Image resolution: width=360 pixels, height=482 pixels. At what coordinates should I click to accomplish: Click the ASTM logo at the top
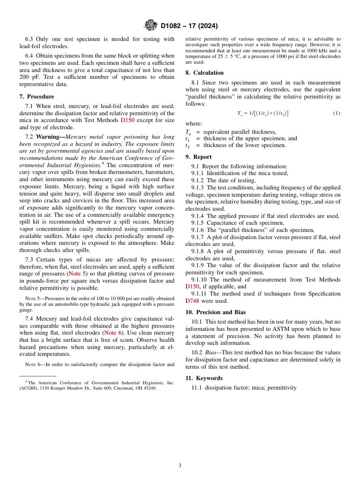(x=150, y=26)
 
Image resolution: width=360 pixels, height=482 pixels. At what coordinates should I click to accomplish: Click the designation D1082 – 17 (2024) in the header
(x=189, y=26)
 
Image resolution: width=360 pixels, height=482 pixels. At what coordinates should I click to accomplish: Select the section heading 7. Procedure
(x=37, y=97)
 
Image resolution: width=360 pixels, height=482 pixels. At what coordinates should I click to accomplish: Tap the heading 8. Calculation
(x=205, y=73)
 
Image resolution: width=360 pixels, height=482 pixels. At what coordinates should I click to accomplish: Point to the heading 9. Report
(x=199, y=157)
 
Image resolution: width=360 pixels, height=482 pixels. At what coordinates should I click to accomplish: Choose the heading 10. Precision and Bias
(x=216, y=312)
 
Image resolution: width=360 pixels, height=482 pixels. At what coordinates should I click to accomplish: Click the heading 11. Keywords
(x=204, y=378)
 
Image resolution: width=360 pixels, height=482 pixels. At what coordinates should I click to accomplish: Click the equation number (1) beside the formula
(x=337, y=113)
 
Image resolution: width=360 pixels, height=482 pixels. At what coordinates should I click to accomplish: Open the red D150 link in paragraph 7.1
(x=127, y=121)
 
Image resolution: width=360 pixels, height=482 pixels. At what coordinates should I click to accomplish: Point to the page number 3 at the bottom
(x=180, y=465)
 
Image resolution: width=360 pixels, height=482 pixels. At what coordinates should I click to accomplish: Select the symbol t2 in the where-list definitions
(x=187, y=146)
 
